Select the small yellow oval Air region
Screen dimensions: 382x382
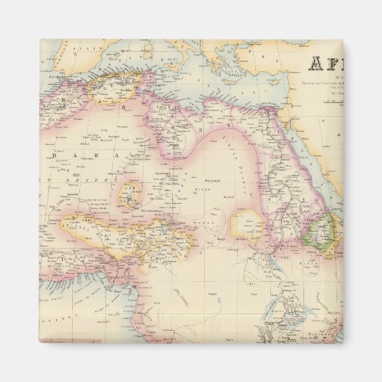[x=131, y=193]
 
